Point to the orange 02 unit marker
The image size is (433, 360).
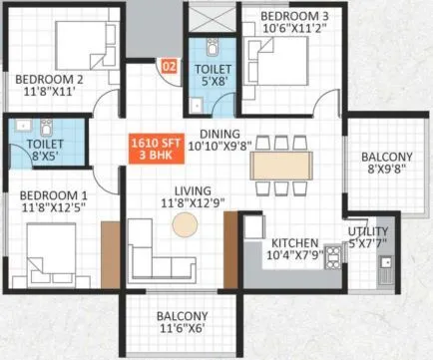(x=168, y=69)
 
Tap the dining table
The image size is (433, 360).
(x=281, y=163)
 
